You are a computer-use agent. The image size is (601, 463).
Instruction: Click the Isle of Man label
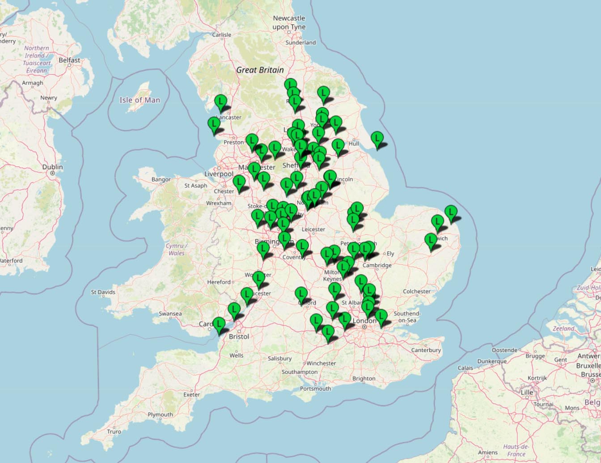point(140,100)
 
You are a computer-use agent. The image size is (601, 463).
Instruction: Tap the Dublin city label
point(52,167)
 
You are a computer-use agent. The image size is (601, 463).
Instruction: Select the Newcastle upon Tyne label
point(289,22)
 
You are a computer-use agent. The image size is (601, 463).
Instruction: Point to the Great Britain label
point(260,70)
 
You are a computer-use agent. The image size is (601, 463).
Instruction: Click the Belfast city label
point(69,60)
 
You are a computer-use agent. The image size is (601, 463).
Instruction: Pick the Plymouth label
point(160,415)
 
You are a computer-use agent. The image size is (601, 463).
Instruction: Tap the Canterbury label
point(426,350)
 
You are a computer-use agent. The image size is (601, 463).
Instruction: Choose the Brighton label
point(364,378)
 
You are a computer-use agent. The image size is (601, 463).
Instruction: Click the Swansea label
point(170,314)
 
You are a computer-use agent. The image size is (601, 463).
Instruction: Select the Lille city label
point(527,392)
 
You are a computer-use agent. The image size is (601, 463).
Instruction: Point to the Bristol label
point(239,336)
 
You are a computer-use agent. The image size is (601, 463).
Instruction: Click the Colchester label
point(416,291)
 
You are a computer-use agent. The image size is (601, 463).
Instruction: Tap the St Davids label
point(103,292)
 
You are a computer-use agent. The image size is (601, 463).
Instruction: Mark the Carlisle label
point(222,34)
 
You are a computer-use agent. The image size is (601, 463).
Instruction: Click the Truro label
point(114,432)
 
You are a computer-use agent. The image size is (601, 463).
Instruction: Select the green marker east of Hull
point(377,138)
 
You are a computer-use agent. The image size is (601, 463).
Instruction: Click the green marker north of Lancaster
point(220,102)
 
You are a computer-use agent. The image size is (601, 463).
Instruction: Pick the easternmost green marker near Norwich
point(451,212)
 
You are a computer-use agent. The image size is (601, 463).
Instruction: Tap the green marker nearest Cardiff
point(219,324)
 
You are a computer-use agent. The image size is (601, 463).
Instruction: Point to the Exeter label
point(191,395)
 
